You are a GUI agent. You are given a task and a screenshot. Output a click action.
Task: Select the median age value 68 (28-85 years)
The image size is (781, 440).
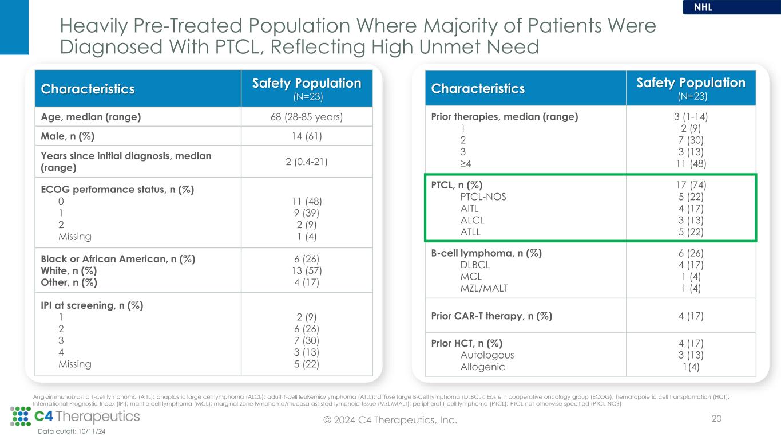[307, 117]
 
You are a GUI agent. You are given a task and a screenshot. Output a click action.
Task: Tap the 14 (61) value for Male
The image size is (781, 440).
[307, 136]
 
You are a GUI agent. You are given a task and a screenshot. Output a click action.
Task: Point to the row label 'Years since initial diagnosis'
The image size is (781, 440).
[126, 162]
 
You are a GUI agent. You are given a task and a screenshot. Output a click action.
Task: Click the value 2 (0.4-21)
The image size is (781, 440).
[307, 162]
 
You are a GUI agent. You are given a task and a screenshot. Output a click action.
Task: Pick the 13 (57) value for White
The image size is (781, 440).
[307, 270]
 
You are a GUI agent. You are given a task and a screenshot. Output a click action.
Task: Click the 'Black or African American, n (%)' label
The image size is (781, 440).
[118, 259]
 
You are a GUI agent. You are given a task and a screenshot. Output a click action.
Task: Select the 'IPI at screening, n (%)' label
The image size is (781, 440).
[92, 305]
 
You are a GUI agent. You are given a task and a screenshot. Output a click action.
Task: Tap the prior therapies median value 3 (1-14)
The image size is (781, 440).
[691, 117]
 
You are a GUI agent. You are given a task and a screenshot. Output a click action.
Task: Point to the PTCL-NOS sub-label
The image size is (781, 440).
[483, 197]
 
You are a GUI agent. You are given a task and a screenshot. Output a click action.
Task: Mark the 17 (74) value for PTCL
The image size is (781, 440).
[691, 185]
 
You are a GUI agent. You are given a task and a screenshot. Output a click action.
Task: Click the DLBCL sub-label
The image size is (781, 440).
[475, 265]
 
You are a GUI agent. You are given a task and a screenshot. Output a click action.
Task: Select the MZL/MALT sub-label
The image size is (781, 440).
[483, 288]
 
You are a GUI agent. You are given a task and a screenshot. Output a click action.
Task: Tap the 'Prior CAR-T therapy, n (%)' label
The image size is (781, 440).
[491, 316]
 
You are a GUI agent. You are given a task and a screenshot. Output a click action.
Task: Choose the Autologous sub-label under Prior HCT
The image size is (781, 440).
[487, 355]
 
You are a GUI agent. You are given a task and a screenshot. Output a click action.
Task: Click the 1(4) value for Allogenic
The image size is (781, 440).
[691, 367]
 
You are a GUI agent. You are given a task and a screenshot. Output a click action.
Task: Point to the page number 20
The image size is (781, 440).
[716, 419]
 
